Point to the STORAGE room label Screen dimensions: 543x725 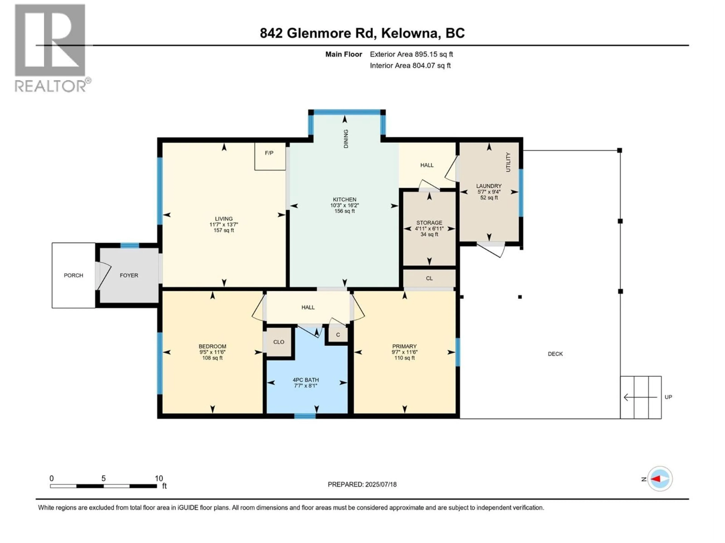point(429,222)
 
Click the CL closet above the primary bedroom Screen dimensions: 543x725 point(429,278)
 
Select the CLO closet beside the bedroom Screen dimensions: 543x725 point(279,342)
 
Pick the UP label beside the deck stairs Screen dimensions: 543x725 point(668,397)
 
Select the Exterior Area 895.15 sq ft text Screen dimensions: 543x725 point(411,54)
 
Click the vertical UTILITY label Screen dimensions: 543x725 point(508,162)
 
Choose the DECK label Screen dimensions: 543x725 point(555,354)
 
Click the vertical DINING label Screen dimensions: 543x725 point(346,139)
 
